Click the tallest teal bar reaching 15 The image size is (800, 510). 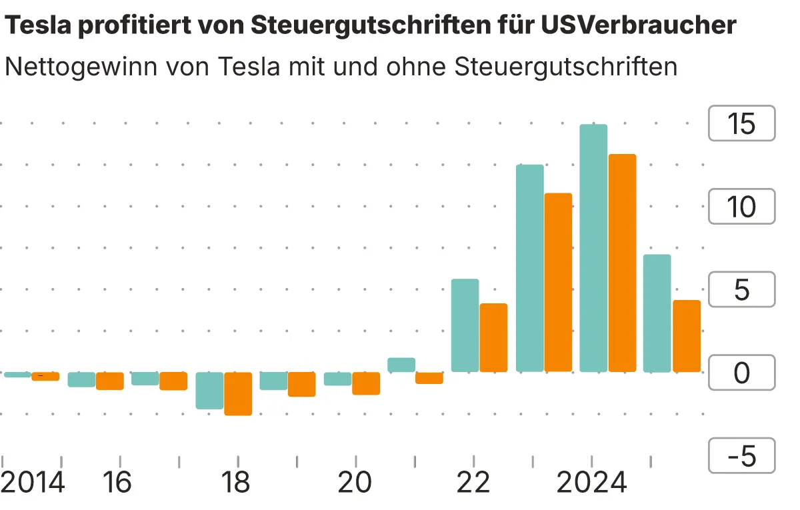[x=593, y=248]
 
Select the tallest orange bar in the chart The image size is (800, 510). [x=622, y=263]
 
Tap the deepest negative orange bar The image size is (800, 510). [x=238, y=393]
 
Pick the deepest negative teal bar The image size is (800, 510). [x=209, y=390]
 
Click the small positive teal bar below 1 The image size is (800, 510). [x=401, y=365]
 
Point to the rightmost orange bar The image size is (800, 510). [x=686, y=336]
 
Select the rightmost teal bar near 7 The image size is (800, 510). [x=657, y=313]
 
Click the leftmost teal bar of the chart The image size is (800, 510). [x=17, y=375]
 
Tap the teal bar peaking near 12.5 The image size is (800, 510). [x=530, y=268]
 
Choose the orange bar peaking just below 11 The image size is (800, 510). [x=559, y=282]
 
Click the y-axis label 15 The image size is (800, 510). [x=741, y=123]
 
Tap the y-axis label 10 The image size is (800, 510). [x=741, y=207]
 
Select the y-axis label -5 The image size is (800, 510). [x=741, y=457]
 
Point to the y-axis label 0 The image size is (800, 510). [x=741, y=373]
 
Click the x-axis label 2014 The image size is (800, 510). [x=33, y=483]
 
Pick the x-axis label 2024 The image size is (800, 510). [x=592, y=483]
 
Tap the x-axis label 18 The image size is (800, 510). [x=237, y=483]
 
